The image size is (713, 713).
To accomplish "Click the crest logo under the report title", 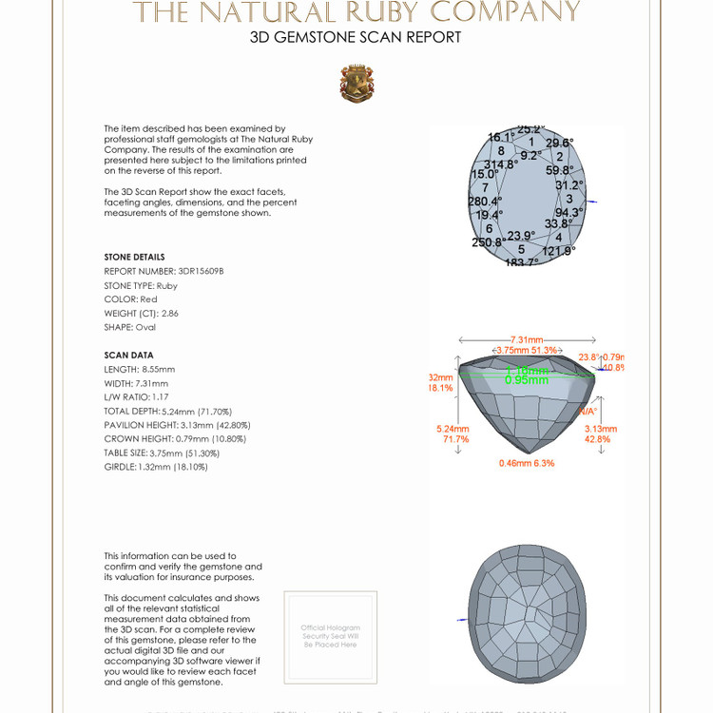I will pyautogui.click(x=356, y=84).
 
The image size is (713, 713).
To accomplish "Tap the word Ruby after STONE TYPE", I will pyautogui.click(x=167, y=285).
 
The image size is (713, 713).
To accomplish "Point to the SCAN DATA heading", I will pyautogui.click(x=128, y=355).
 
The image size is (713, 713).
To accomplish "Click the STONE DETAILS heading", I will pyautogui.click(x=134, y=257).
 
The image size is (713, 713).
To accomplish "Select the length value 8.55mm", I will pyautogui.click(x=158, y=369).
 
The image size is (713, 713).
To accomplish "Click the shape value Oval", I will pyautogui.click(x=145, y=327).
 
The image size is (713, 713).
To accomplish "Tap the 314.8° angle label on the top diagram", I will pyautogui.click(x=501, y=164).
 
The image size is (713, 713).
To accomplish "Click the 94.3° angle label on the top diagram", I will pyautogui.click(x=568, y=213).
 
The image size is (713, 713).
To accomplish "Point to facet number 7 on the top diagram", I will pyautogui.click(x=485, y=187).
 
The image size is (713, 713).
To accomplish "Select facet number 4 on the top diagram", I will pyautogui.click(x=559, y=237).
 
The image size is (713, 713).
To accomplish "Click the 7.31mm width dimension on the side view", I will pyautogui.click(x=527, y=339).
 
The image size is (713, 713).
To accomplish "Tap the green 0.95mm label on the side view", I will pyautogui.click(x=527, y=379).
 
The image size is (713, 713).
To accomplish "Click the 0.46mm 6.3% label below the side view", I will pyautogui.click(x=527, y=463).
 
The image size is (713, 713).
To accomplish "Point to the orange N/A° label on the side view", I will pyautogui.click(x=588, y=411).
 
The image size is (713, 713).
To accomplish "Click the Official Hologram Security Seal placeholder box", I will pyautogui.click(x=331, y=636).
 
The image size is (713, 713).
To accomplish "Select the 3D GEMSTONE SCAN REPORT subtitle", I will pyautogui.click(x=356, y=37).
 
